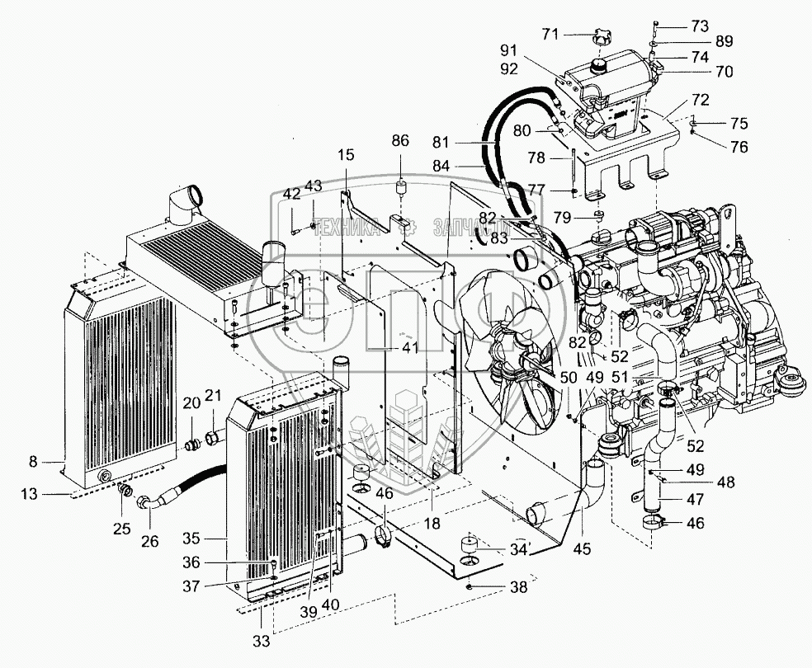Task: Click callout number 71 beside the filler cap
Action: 550,34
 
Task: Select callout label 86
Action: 400,141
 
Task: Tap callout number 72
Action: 700,99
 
